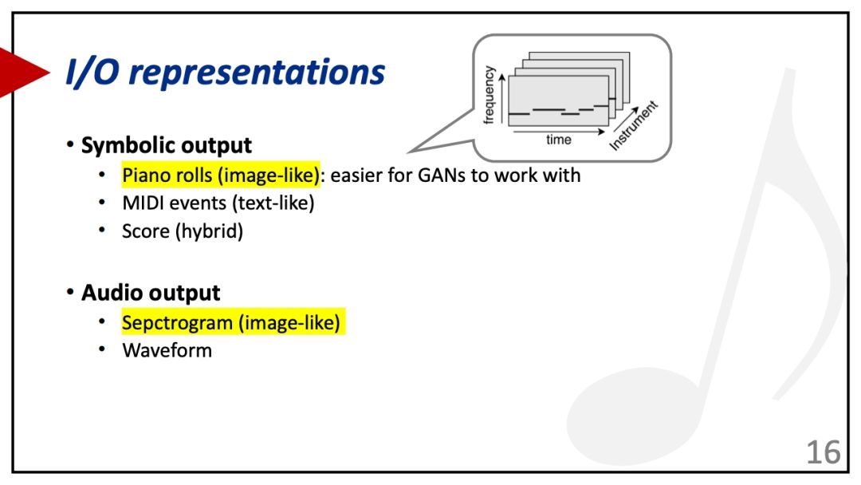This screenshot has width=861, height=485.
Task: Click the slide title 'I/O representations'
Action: (x=225, y=72)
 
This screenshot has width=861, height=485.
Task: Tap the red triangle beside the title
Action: (x=23, y=72)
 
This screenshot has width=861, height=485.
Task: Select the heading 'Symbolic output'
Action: (x=167, y=145)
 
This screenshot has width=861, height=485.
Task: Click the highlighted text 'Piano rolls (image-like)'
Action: (x=221, y=175)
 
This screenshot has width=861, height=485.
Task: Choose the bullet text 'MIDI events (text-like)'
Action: (x=218, y=203)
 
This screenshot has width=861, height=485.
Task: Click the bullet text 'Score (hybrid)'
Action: (x=183, y=231)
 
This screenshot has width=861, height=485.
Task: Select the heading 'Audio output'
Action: (x=151, y=293)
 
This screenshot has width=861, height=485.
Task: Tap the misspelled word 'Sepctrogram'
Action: (x=177, y=323)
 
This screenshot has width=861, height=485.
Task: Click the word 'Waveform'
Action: (x=167, y=350)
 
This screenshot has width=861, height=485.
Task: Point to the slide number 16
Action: (x=823, y=452)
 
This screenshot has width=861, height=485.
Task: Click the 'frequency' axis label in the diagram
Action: (x=488, y=95)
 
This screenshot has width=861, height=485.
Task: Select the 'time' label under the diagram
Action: (x=558, y=140)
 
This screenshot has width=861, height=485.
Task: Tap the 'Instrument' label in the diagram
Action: (x=633, y=125)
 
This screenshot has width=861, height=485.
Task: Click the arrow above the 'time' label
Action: (x=559, y=132)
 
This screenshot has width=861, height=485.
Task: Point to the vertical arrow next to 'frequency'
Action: (x=502, y=99)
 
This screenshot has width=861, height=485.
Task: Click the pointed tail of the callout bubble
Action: (x=411, y=152)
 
